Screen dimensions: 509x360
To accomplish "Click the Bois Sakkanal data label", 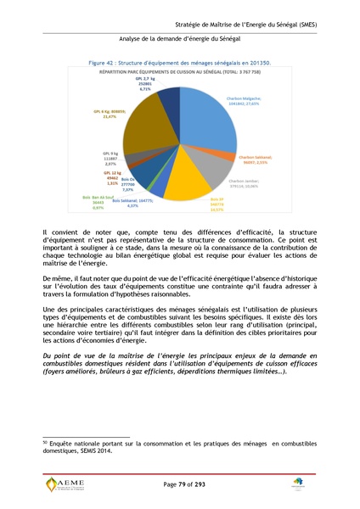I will (x=132, y=203).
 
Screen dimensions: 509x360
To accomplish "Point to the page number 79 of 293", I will (x=180, y=483).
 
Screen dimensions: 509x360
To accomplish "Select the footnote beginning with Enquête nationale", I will (x=169, y=447).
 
